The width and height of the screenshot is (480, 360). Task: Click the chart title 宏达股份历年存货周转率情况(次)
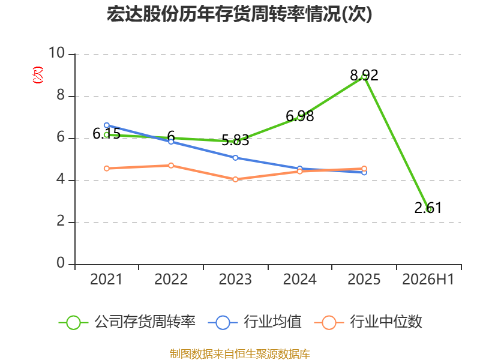[x=239, y=14]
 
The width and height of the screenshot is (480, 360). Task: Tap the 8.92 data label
[x=364, y=76]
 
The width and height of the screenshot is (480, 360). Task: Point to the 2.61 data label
[x=428, y=208]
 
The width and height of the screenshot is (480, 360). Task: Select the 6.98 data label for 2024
[x=299, y=116]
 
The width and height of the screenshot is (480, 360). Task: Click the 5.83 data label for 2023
[x=235, y=140]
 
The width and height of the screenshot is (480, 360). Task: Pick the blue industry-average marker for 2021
[x=107, y=125]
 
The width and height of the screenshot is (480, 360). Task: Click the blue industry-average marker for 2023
[x=235, y=158]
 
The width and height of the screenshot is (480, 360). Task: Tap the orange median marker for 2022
[x=171, y=166]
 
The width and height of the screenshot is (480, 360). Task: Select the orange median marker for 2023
[x=235, y=179]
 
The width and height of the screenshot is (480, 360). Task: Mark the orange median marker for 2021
[x=107, y=169]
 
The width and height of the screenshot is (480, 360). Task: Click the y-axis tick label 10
[x=56, y=53]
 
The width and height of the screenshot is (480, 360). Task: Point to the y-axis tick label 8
[x=61, y=95]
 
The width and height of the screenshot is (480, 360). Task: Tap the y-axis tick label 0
[x=61, y=263]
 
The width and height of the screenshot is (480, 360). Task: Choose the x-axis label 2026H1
[x=428, y=280]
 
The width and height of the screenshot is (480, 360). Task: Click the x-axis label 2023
[x=235, y=280]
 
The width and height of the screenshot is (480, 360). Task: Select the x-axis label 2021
[x=106, y=280]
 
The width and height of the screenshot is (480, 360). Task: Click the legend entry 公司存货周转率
[x=127, y=322]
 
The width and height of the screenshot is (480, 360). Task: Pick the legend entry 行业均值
[x=254, y=322]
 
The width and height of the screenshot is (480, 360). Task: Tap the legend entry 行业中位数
[x=368, y=322]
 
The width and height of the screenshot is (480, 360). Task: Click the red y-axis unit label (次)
[x=38, y=75]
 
